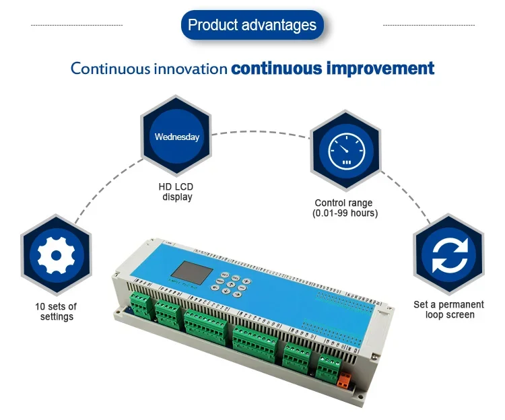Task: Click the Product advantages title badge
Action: (x=252, y=26)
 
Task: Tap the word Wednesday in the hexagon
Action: (x=177, y=137)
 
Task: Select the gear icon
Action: (x=55, y=256)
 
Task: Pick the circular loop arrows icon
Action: (x=448, y=256)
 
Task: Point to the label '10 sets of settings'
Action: (x=56, y=312)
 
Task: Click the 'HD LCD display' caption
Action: (x=176, y=193)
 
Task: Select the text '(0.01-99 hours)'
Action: (x=345, y=213)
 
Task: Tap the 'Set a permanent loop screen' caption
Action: (x=449, y=310)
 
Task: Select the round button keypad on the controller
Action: (x=229, y=285)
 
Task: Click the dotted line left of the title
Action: (x=77, y=26)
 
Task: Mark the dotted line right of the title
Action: (x=428, y=26)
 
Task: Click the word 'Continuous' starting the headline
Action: (x=110, y=69)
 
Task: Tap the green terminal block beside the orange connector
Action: (x=329, y=370)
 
